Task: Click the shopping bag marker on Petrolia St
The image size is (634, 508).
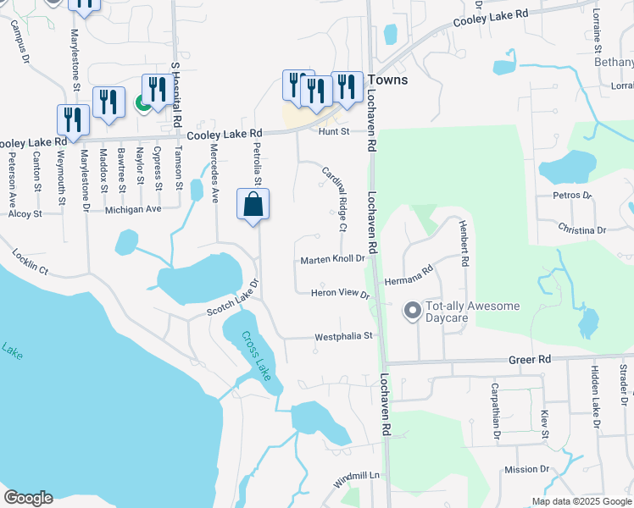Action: [x=253, y=205]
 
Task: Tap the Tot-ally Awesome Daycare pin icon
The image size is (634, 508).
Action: [x=413, y=312]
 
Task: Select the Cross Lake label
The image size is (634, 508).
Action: [x=256, y=354]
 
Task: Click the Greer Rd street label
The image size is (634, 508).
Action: [x=531, y=359]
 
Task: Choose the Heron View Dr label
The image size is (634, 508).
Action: [x=342, y=294]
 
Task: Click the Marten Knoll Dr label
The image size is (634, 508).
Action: [x=332, y=259]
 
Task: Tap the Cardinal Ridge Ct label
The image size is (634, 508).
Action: [x=334, y=198]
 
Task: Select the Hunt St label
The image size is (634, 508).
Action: [x=334, y=131]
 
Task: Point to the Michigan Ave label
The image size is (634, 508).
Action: [x=132, y=208]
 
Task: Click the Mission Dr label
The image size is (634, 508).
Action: [x=526, y=469]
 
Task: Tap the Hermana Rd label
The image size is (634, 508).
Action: [x=409, y=277]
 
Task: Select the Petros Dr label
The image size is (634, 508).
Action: [x=570, y=196]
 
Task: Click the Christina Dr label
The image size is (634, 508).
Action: [x=582, y=229]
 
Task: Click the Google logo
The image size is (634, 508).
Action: [x=28, y=497]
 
